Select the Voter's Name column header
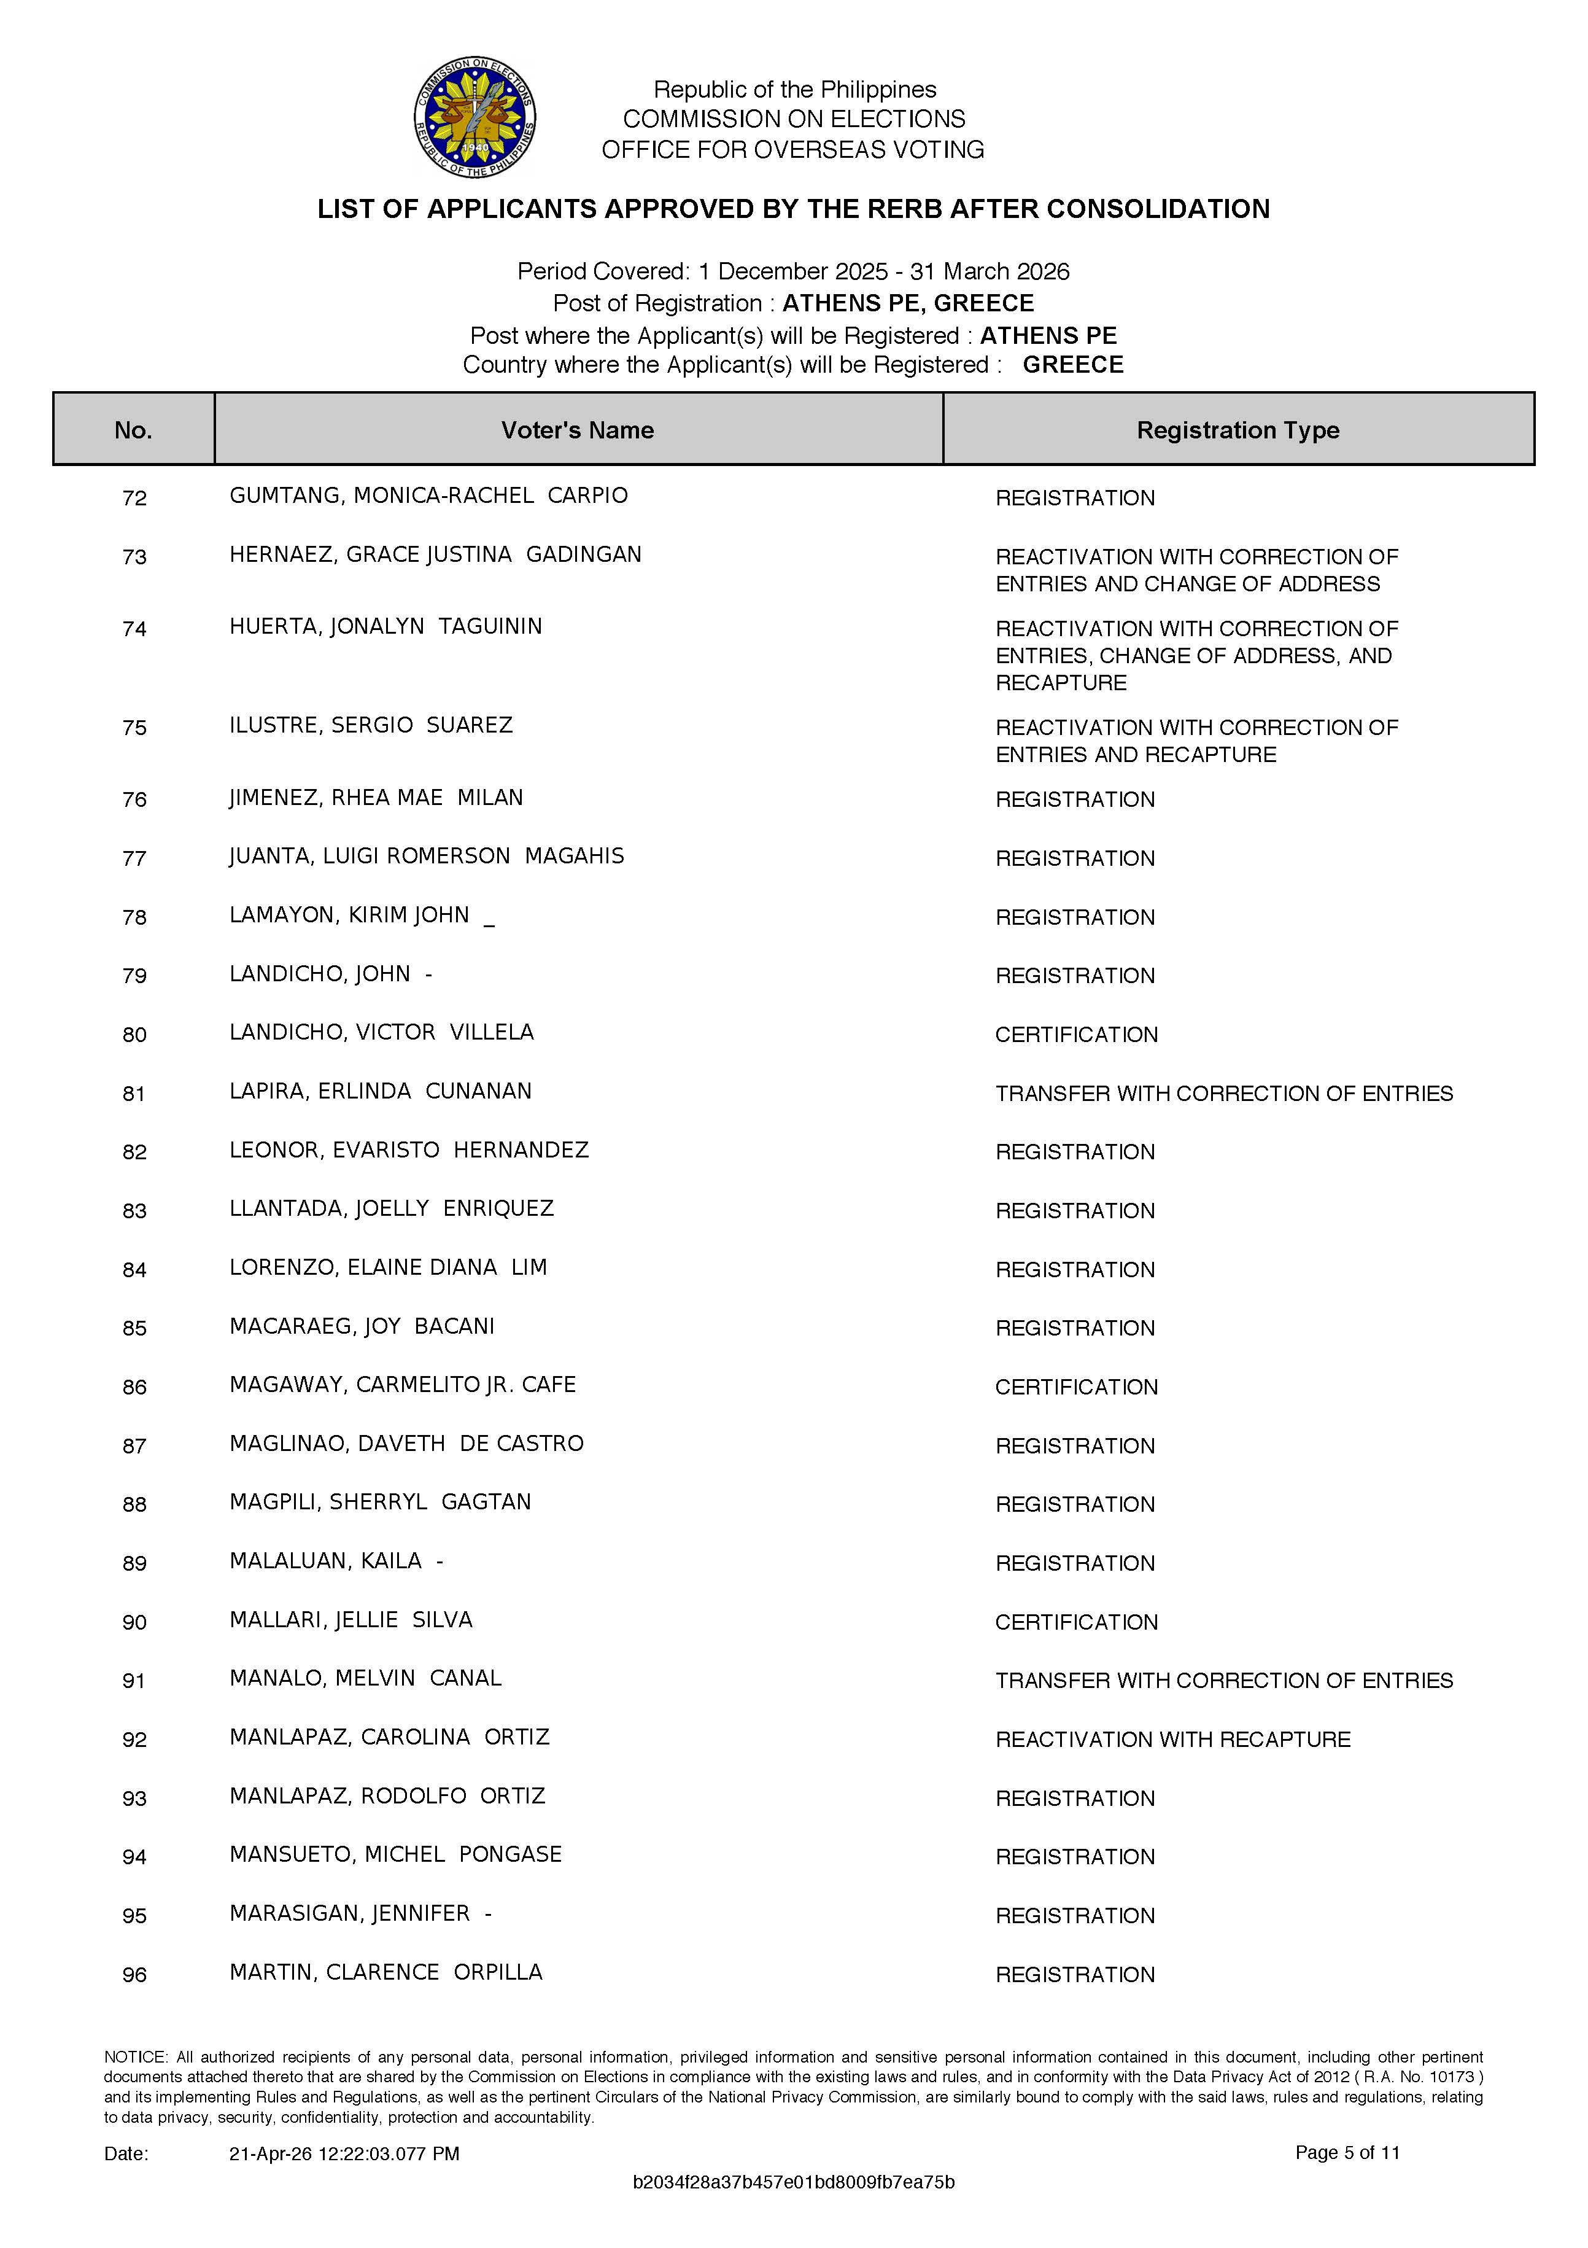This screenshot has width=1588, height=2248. pos(578,430)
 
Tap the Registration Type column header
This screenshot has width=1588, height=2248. pos(1237,430)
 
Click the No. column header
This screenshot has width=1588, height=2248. pos(133,430)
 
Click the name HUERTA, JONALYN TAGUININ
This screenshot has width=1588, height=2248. pos(385,626)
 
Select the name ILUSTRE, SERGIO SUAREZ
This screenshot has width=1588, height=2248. pos(371,726)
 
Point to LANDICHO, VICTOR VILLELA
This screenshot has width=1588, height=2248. pos(382,1033)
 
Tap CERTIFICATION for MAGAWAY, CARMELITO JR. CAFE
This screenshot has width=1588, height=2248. pos(1076,1387)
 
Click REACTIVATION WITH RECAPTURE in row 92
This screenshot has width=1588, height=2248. pos(1173,1740)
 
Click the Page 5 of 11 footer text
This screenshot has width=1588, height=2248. pos(1347,2152)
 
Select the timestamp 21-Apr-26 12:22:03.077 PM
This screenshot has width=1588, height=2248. pos(344,2153)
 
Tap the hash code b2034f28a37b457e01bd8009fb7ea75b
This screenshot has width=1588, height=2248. pos(793,2182)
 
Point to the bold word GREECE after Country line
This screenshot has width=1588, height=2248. pos(1073,365)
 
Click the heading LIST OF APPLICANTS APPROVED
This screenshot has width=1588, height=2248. pos(793,209)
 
